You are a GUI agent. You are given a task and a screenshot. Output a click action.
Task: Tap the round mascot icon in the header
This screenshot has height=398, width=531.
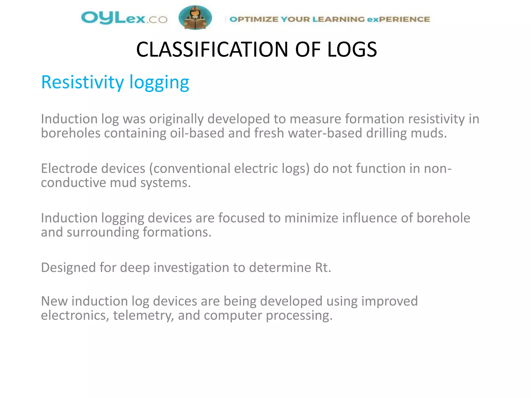(195, 18)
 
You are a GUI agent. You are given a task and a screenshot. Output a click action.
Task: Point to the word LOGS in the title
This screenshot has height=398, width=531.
(352, 49)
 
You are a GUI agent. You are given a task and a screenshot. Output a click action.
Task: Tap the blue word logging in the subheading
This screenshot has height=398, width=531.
(159, 83)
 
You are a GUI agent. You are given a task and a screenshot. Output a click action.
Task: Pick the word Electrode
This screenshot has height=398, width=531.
(69, 168)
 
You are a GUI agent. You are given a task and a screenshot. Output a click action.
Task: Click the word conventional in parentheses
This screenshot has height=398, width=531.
(192, 168)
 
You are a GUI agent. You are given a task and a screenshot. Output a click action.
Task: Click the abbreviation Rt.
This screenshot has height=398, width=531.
(323, 267)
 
